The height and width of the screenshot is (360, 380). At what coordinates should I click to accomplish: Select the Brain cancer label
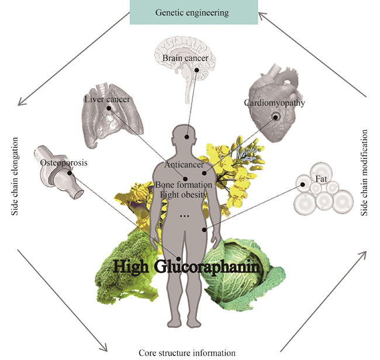(x=182, y=58)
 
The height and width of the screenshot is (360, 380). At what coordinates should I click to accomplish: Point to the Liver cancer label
(x=107, y=99)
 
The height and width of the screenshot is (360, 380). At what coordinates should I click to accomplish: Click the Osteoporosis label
(x=64, y=163)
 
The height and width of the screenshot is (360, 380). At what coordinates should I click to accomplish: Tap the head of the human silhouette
(x=187, y=138)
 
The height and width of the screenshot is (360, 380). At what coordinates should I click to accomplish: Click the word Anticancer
(x=184, y=165)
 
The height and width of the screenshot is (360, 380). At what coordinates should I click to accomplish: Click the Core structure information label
(x=187, y=353)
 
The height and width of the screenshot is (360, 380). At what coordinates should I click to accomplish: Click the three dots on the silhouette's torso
(x=185, y=216)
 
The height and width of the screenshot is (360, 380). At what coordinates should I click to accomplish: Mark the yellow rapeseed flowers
(x=225, y=161)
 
